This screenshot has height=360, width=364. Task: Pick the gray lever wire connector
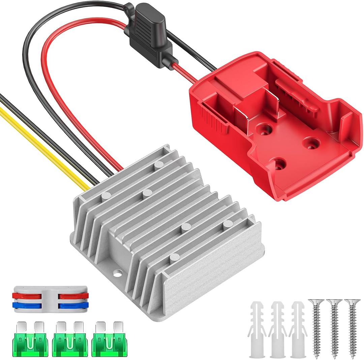coord(50,300)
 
